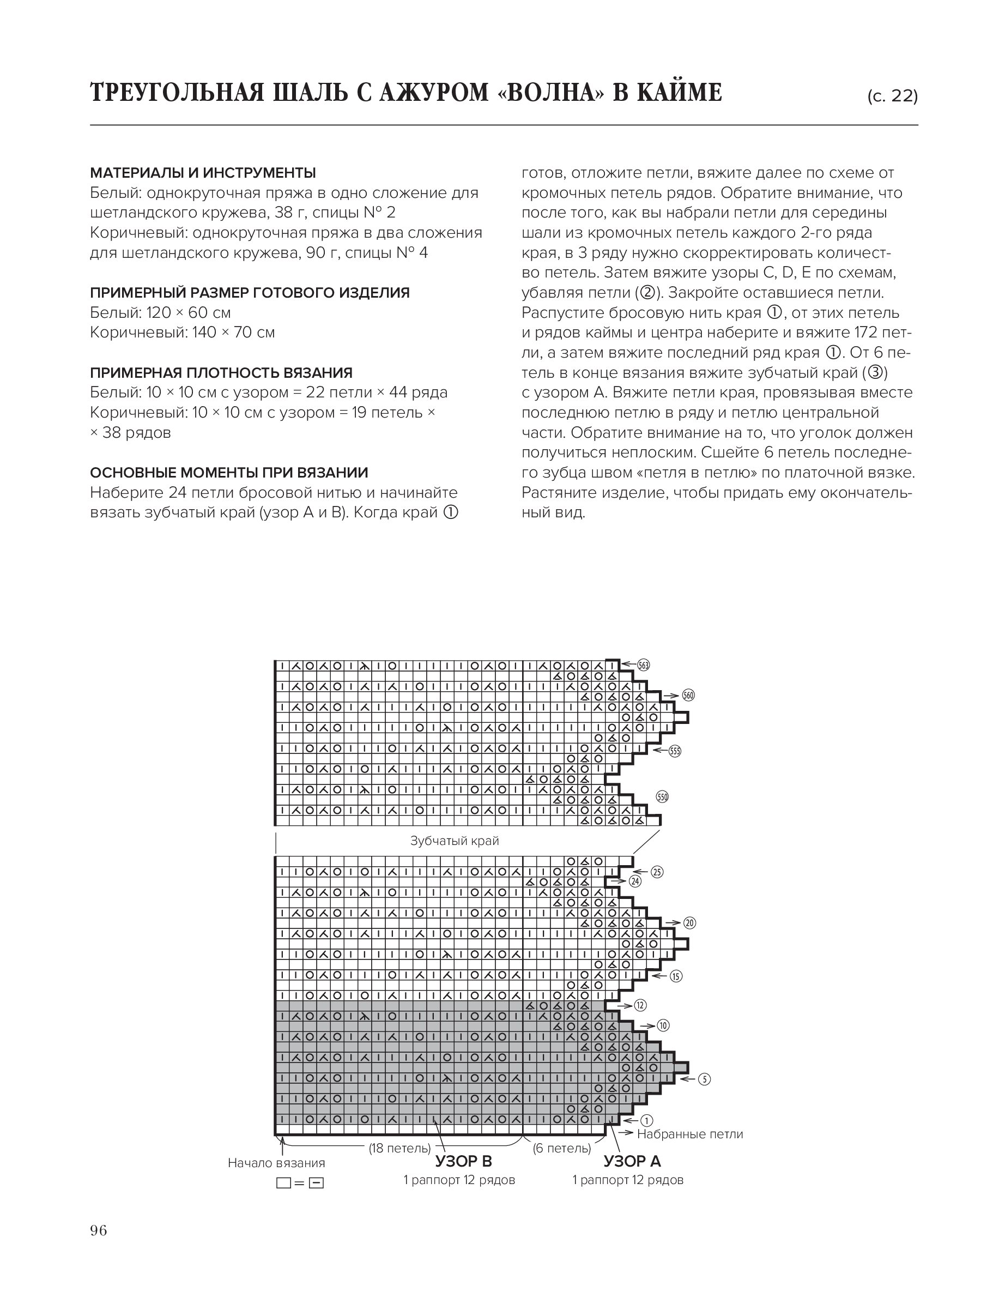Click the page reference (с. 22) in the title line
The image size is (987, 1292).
click(892, 96)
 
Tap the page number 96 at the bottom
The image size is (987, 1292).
click(99, 1230)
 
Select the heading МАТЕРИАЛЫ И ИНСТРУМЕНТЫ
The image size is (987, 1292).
click(203, 173)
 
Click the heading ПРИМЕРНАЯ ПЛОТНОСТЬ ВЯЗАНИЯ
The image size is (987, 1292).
click(221, 372)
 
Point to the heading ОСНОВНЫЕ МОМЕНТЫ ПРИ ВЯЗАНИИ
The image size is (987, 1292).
click(229, 473)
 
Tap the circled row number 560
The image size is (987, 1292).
click(688, 696)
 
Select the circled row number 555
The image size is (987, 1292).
click(675, 751)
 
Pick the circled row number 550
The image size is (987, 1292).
click(662, 798)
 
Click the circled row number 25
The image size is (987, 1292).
click(657, 872)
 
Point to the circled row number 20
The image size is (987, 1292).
click(689, 923)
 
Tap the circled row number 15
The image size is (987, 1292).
click(676, 976)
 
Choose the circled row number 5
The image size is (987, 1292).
click(704, 1079)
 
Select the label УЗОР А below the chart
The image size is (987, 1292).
click(632, 1161)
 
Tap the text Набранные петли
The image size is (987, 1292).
click(690, 1134)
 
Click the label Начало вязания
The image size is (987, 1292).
click(276, 1163)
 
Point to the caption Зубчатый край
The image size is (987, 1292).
click(454, 841)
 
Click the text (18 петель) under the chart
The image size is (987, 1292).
click(399, 1148)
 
